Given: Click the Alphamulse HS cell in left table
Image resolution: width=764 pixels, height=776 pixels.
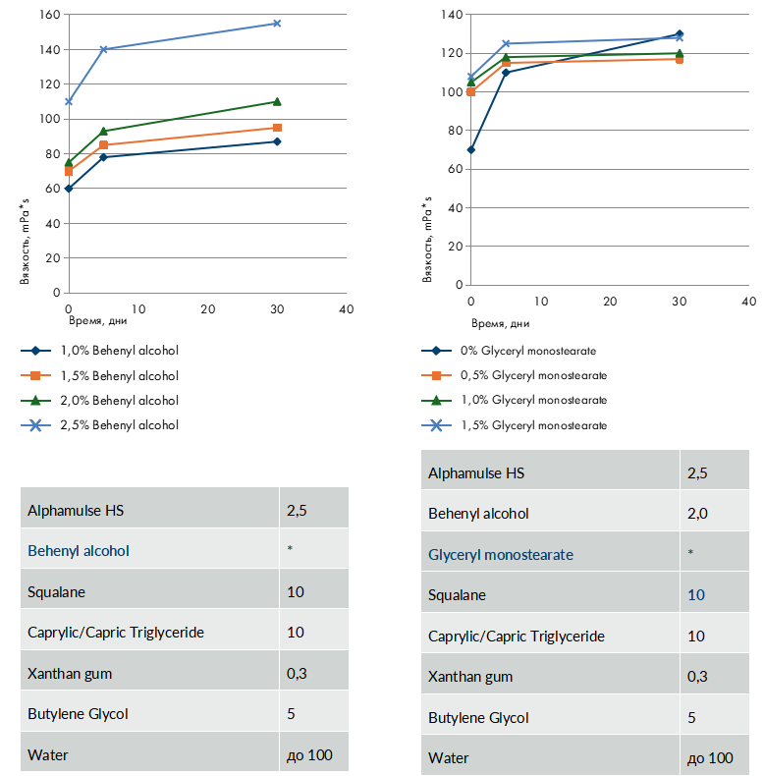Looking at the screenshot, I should pos(76,510).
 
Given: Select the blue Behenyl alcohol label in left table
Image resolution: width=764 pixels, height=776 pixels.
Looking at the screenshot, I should pos(79,551).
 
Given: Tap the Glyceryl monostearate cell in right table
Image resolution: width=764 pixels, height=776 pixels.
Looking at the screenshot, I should pos(501,555).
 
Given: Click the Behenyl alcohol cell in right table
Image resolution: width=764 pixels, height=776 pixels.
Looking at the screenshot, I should pos(478,514).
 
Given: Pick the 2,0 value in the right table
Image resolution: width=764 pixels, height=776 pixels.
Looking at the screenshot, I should pos(696,514).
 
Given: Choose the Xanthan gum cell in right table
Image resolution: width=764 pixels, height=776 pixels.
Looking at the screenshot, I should pos(470,677).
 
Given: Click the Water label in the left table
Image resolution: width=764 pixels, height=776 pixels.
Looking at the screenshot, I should pos(48,755).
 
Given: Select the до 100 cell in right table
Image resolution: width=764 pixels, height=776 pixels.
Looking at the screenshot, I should pos(710,758).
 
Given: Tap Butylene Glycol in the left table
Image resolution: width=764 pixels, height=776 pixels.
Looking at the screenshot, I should pos(78,714).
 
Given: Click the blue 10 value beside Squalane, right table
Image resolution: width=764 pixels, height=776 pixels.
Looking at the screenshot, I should pos(696,595).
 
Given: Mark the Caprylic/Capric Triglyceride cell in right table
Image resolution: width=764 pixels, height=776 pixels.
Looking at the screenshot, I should pos(516,637).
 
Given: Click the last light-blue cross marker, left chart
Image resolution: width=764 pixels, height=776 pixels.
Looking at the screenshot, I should pos(277,23).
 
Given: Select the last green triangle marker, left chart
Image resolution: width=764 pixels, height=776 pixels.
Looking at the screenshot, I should pos(277,101).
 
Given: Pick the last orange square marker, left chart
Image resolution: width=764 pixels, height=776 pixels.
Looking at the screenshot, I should pos(278,128).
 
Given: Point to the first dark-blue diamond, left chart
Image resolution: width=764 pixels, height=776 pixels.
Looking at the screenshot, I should pos(69,188).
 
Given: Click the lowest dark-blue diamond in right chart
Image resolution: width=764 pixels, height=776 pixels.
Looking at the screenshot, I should pos(471,149).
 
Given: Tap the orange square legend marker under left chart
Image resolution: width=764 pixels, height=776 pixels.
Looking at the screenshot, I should pos(35,375).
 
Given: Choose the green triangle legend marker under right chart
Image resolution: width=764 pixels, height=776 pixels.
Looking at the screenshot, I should pos(436,400).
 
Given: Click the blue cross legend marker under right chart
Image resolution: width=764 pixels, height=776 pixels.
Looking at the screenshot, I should pos(436,425).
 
